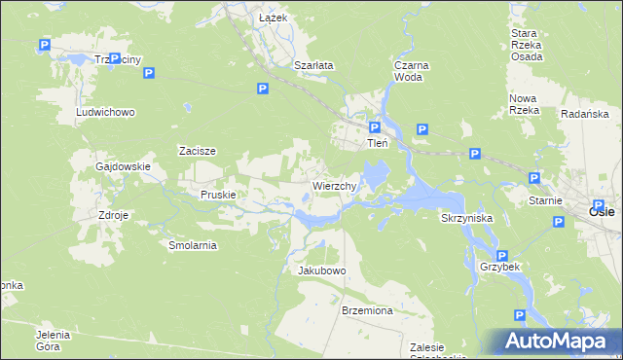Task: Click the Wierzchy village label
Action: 338,185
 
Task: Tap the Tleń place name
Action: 377,143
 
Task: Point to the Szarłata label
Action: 313,65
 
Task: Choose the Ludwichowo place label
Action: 105,112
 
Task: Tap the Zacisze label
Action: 197,151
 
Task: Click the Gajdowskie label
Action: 123,166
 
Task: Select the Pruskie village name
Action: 218,195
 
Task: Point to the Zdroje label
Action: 113,215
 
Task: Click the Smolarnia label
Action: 193,246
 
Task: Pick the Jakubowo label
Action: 321,270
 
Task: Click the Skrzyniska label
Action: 466,219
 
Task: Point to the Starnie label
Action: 546,200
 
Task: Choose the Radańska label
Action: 585,114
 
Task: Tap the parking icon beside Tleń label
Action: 375,127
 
